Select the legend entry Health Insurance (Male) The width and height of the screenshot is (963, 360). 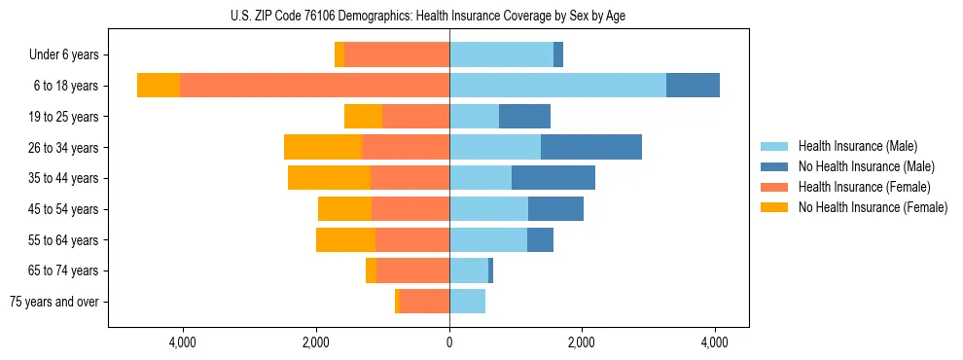(x=857, y=146)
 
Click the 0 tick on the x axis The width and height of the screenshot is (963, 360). (x=449, y=342)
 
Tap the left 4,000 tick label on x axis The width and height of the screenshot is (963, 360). (x=183, y=342)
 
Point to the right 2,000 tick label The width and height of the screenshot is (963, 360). (x=582, y=342)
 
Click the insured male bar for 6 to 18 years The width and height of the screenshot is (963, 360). (x=557, y=86)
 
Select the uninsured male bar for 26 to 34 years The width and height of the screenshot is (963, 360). (x=591, y=147)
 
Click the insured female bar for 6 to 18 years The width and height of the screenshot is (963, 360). (x=314, y=86)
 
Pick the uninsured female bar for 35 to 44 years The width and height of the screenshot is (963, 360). (x=329, y=178)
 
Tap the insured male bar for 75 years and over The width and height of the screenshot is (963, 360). (x=467, y=302)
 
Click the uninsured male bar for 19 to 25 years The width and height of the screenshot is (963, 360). (x=524, y=117)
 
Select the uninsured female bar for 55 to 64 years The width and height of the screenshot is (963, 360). (x=345, y=239)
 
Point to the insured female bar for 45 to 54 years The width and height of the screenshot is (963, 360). (x=410, y=209)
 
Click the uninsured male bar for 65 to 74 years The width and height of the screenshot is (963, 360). (x=490, y=270)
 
